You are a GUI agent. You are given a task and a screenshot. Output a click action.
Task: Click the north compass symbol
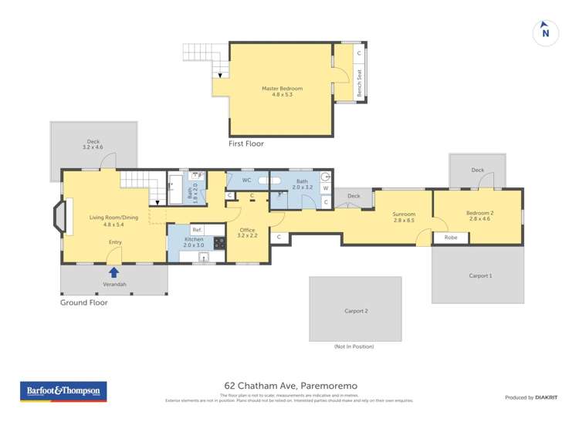546,32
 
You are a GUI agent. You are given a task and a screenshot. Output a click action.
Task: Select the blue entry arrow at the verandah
114,272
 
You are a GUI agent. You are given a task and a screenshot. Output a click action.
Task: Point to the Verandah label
114,285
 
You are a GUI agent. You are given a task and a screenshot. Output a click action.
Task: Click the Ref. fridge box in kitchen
197,230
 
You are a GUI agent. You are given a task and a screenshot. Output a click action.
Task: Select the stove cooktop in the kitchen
219,242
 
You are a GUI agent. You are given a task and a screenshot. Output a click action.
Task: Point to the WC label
247,181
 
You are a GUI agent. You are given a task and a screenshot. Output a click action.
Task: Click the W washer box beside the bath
325,187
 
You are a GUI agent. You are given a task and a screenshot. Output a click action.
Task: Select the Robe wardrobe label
451,238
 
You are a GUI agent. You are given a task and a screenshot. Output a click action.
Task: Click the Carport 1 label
479,275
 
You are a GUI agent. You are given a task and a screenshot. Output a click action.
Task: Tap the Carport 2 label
355,311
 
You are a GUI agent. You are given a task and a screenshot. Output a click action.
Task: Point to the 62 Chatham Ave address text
290,386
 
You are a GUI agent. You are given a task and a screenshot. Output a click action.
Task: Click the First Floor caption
246,144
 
